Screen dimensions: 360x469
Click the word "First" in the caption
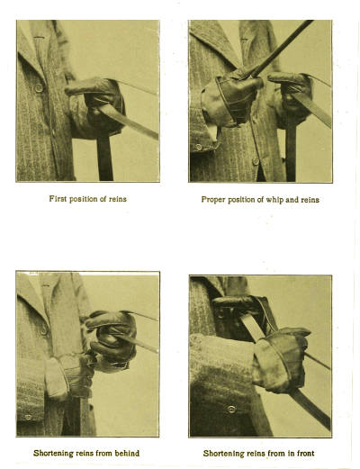coord(57,199)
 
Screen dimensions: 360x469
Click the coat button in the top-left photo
coord(39,87)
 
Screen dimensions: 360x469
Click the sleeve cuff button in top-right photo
coord(198,147)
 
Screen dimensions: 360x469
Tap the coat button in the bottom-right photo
coord(231,409)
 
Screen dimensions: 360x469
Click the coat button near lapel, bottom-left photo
coord(44,329)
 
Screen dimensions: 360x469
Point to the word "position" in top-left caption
coord(84,200)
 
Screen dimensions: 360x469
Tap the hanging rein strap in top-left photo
coord(105,158)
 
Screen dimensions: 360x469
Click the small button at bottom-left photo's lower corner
coord(28,417)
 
